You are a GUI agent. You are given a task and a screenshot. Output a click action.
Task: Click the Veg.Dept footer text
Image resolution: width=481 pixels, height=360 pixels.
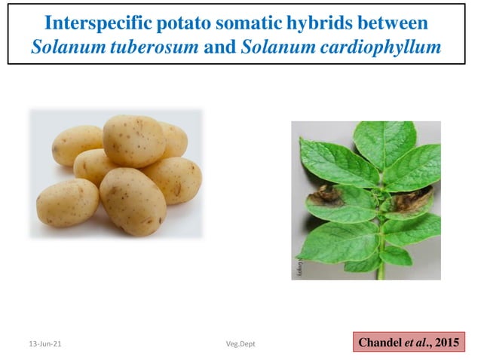(240, 343)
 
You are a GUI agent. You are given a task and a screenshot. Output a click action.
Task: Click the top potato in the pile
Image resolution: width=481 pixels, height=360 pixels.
(134, 140)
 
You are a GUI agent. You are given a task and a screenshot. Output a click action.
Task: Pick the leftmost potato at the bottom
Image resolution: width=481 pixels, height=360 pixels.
(68, 203)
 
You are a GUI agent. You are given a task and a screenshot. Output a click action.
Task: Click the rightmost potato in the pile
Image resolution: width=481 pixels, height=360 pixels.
(174, 179)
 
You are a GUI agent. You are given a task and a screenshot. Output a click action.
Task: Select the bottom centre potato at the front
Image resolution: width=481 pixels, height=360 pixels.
(133, 200)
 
